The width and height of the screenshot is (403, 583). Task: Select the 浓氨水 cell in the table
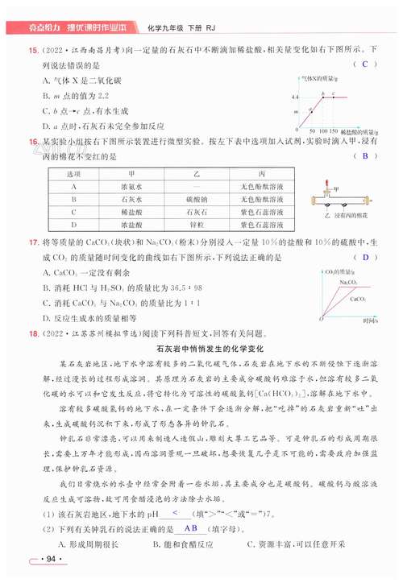[131, 187]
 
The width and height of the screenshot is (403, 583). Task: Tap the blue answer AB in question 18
[191, 528]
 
